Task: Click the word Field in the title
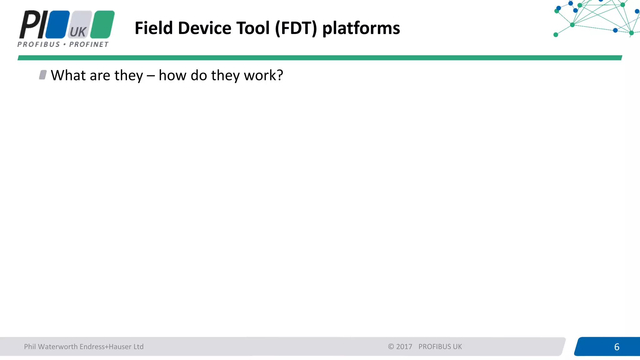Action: [x=153, y=28]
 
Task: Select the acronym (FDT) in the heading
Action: [x=296, y=28]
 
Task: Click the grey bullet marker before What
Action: [x=43, y=75]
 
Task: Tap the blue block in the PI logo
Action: [x=58, y=24]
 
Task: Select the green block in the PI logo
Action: [x=102, y=24]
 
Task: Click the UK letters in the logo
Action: [x=78, y=32]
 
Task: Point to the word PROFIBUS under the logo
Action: [x=38, y=44]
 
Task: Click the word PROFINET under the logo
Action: [x=89, y=44]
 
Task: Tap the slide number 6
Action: [x=617, y=347]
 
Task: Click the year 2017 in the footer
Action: [x=404, y=347]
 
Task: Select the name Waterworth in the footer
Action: [x=58, y=347]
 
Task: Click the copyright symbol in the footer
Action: [x=391, y=347]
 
